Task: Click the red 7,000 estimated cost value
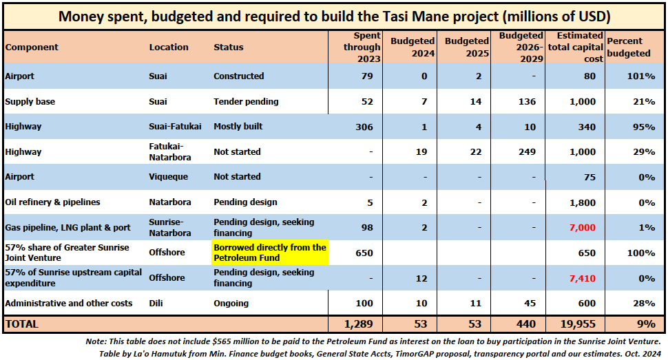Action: click(x=583, y=228)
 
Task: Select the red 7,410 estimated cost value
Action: click(x=583, y=278)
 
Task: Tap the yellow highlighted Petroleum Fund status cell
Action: click(x=270, y=253)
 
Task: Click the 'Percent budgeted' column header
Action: click(x=628, y=47)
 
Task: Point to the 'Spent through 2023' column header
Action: click(x=362, y=47)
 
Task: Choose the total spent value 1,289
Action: click(x=358, y=324)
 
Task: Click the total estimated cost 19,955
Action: click(x=578, y=324)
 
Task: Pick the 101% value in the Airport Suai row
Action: click(x=640, y=76)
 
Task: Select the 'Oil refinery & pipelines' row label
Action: click(x=52, y=202)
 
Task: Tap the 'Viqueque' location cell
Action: click(x=168, y=177)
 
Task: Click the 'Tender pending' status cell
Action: click(x=246, y=101)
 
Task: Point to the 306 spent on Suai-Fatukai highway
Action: click(x=364, y=127)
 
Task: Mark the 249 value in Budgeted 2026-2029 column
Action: click(x=527, y=152)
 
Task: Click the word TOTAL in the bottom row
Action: click(x=22, y=324)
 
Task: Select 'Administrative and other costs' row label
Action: click(x=69, y=304)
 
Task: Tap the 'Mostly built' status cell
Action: click(x=238, y=127)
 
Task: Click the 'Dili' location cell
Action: click(x=156, y=304)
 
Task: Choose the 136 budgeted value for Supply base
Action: click(x=527, y=102)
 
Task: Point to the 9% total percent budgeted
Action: click(x=646, y=324)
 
